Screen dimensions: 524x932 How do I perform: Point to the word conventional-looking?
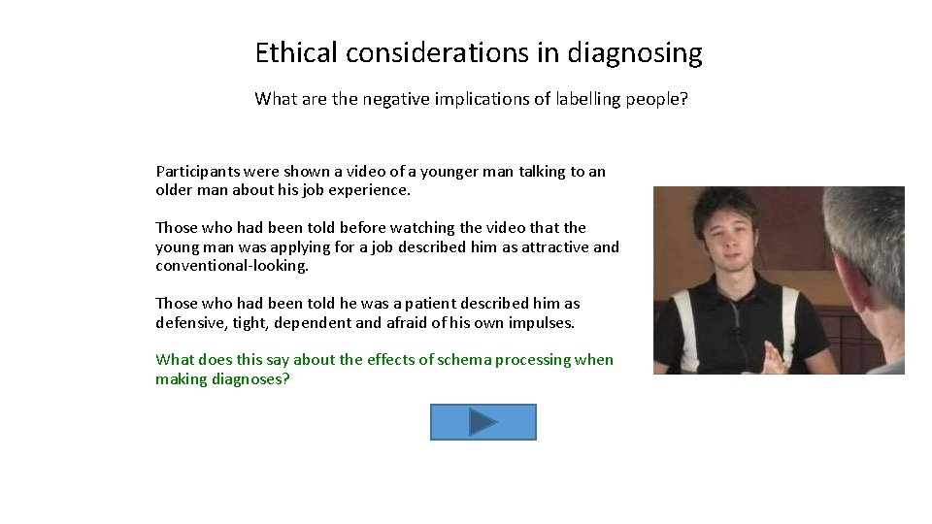(x=231, y=266)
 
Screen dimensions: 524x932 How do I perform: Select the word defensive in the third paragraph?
(x=187, y=322)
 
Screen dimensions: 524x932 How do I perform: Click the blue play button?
(x=483, y=422)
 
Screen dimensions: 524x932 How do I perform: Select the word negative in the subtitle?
(x=394, y=98)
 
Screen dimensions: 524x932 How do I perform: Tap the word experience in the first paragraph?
(x=374, y=190)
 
